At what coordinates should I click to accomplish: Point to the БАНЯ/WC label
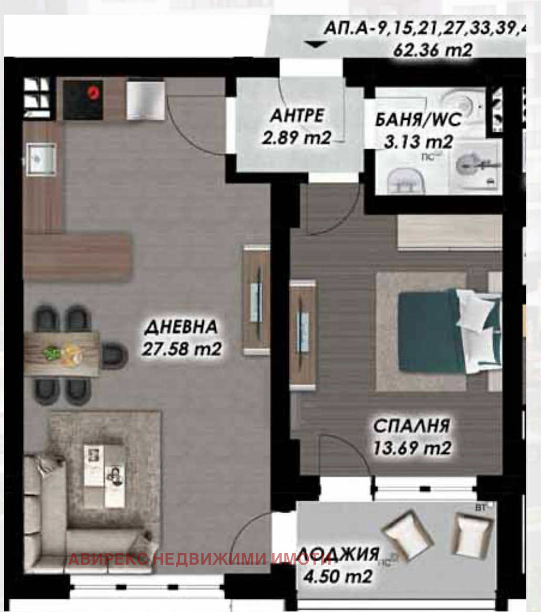[418, 120]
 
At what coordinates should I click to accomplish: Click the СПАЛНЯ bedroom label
[412, 426]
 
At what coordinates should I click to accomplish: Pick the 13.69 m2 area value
[412, 448]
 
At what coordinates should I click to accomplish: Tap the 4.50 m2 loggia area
[338, 576]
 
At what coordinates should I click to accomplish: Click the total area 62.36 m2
[433, 50]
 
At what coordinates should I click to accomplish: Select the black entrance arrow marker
[315, 45]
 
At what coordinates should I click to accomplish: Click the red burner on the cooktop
[93, 93]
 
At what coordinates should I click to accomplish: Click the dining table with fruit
[62, 354]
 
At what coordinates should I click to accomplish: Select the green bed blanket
[431, 333]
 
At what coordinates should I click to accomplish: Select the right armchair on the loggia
[472, 532]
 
